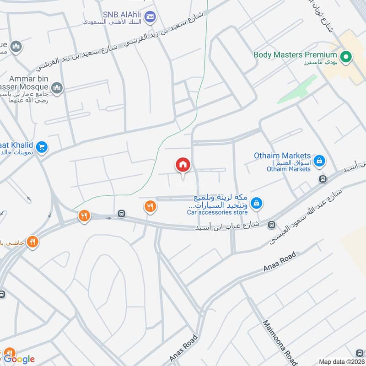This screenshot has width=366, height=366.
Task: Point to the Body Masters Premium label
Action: [x=298, y=54]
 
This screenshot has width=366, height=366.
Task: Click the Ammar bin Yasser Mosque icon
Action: [x=57, y=88]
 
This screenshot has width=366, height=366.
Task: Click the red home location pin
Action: [x=183, y=165]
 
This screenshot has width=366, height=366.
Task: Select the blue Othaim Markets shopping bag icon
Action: [x=319, y=161]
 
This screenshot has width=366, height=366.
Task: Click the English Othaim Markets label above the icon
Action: [x=282, y=156]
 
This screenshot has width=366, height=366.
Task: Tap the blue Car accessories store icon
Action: [x=257, y=203]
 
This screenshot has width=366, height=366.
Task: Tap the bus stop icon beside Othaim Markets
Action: [x=323, y=179]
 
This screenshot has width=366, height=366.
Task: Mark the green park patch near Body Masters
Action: [x=297, y=89]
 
